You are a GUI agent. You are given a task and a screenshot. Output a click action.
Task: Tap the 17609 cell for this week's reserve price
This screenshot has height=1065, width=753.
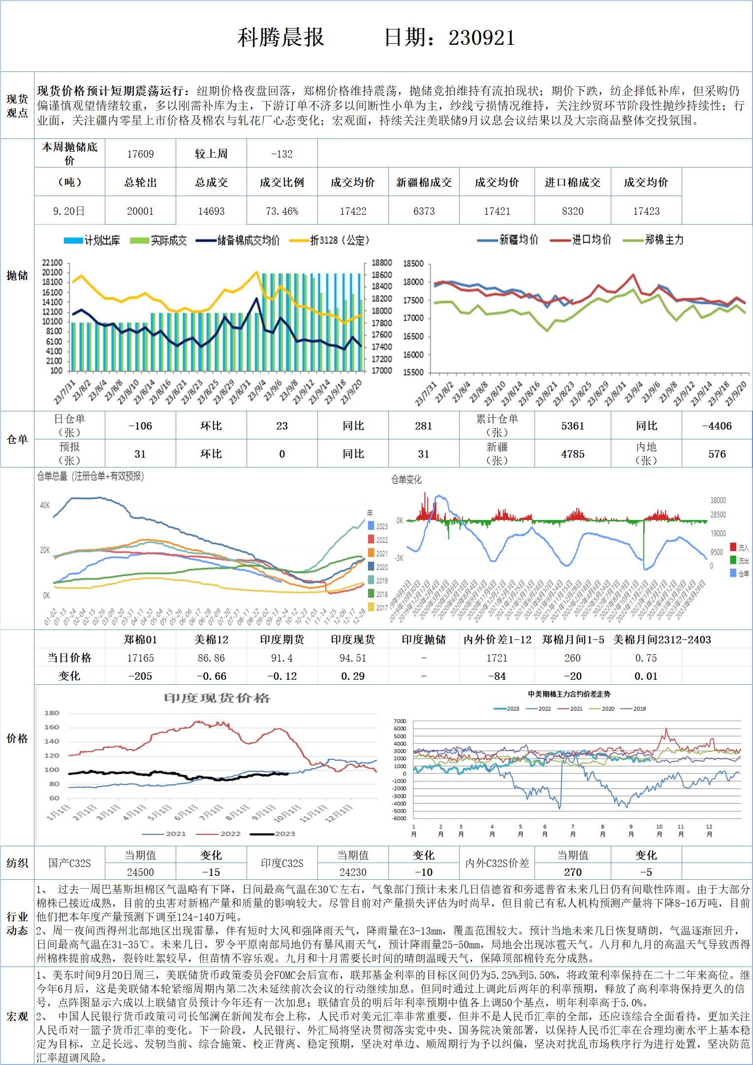pyautogui.click(x=140, y=154)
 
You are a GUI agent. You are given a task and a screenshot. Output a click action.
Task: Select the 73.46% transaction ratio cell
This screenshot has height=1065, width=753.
pyautogui.click(x=282, y=211)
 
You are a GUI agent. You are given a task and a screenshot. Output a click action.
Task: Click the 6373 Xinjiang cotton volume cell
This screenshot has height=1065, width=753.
pyautogui.click(x=424, y=211)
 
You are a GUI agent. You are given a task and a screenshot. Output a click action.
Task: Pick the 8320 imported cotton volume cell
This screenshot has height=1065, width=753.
pyautogui.click(x=572, y=211)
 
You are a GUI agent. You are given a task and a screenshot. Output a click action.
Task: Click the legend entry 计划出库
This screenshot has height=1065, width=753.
pyautogui.click(x=94, y=240)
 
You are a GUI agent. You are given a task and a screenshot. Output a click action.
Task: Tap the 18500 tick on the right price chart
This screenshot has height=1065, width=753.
pyautogui.click(x=413, y=264)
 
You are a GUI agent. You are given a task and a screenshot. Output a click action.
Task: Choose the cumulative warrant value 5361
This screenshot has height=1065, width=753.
pyautogui.click(x=572, y=426)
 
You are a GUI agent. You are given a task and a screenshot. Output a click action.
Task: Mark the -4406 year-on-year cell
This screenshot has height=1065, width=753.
pyautogui.click(x=717, y=426)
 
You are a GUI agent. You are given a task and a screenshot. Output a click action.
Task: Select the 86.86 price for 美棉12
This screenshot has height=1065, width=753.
pyautogui.click(x=211, y=658)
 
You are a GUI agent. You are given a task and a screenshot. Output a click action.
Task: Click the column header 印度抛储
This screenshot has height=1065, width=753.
pyautogui.click(x=424, y=639)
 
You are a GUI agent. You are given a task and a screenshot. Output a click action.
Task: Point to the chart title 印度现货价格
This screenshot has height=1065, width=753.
pyautogui.click(x=217, y=698)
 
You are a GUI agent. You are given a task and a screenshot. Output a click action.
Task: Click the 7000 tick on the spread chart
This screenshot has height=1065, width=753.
pyautogui.click(x=400, y=721)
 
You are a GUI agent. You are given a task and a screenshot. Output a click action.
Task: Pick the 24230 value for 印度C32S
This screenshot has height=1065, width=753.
pyautogui.click(x=353, y=872)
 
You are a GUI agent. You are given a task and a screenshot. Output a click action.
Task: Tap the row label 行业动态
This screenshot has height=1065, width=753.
pyautogui.click(x=17, y=924)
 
